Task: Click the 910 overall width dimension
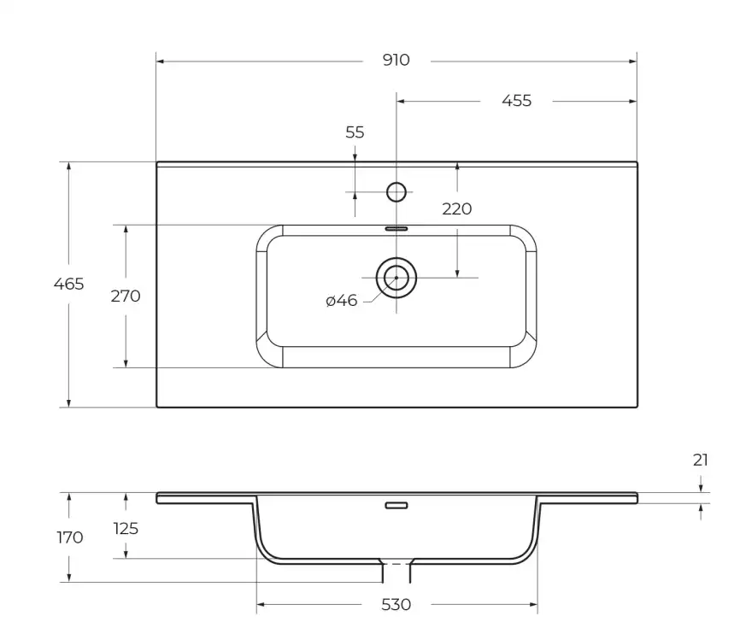396,61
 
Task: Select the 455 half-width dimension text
516,101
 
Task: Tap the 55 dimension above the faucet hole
355,132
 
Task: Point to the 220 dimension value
456,208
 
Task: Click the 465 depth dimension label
68,284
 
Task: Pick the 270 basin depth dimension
125,296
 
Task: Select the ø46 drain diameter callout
342,301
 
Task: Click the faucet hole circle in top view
396,192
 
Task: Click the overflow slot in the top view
396,229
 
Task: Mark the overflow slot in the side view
396,505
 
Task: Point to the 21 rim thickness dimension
701,461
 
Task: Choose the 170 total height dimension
69,537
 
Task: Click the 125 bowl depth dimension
125,528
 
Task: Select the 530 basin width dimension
396,605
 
